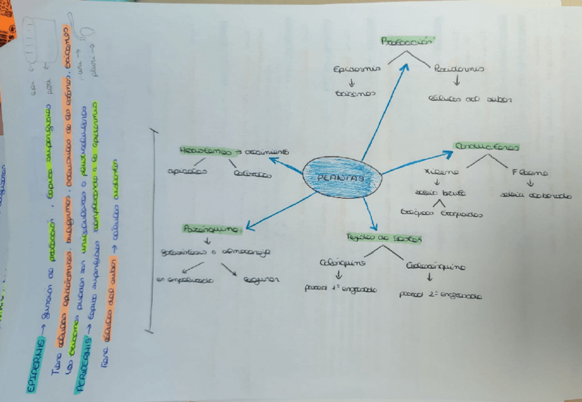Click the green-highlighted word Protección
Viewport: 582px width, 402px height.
tap(409, 41)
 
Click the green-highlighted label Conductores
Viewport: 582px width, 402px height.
tap(486, 146)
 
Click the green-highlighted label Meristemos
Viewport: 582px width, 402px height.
tap(203, 150)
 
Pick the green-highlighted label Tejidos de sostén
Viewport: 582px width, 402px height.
tap(384, 238)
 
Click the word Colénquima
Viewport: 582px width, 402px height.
tap(342, 263)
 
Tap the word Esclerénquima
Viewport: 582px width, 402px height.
tap(436, 263)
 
